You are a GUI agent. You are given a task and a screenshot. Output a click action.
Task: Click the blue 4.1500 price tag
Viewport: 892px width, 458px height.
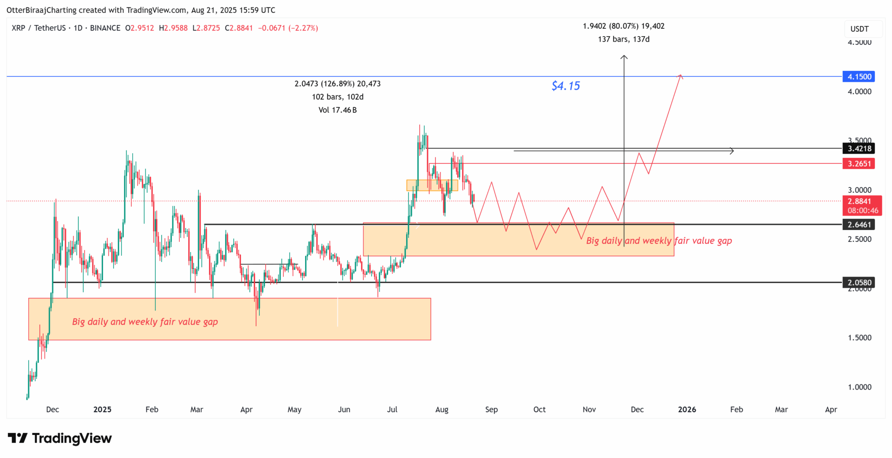click(x=859, y=77)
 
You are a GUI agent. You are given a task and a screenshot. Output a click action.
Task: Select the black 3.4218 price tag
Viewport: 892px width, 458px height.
click(x=859, y=149)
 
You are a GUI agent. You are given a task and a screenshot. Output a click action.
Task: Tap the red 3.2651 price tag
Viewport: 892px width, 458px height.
click(x=859, y=164)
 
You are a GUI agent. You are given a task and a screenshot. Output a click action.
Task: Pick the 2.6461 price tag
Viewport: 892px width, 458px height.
click(x=859, y=225)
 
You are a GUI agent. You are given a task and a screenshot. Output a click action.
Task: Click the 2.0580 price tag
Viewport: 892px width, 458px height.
click(x=859, y=283)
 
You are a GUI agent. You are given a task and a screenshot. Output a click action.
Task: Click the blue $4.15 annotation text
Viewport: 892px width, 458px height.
click(x=566, y=86)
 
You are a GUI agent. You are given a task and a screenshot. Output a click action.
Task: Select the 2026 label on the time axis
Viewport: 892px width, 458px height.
click(x=687, y=409)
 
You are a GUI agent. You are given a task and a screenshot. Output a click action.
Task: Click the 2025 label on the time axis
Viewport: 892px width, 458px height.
click(x=102, y=409)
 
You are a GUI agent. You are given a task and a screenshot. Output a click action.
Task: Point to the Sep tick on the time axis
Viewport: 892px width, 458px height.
click(x=491, y=409)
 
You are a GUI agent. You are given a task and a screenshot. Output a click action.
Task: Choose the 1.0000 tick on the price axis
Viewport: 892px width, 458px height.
click(x=859, y=387)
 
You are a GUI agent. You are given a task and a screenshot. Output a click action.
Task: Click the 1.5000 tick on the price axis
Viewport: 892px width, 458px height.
click(x=859, y=338)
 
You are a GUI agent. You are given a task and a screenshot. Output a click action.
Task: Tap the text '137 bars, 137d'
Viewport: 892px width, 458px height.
click(x=623, y=39)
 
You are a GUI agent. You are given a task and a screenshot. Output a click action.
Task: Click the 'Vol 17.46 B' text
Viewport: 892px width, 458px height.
click(x=337, y=110)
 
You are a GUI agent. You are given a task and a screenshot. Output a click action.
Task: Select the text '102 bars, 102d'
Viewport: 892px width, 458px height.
click(x=337, y=97)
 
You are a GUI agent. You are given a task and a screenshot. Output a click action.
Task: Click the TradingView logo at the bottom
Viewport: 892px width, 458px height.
click(x=60, y=438)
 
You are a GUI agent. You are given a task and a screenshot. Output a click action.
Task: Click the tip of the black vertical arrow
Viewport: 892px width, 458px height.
click(x=624, y=56)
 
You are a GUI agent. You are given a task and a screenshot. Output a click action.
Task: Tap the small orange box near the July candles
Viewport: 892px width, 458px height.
click(x=432, y=185)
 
